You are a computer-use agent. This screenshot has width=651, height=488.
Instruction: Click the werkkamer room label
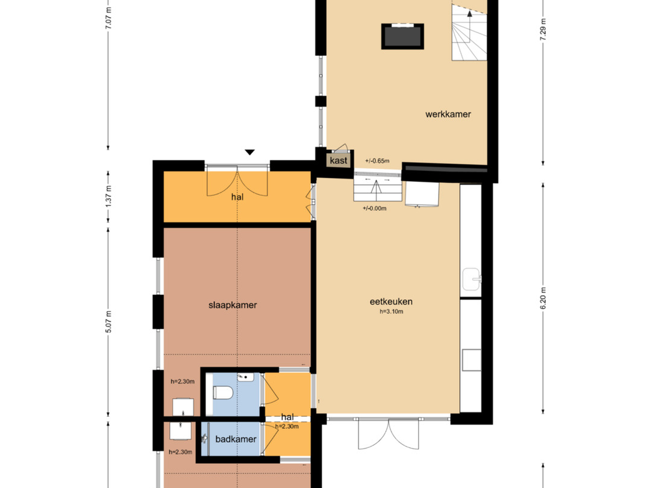click(x=448, y=114)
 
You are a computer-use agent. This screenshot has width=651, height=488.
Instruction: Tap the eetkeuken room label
click(x=391, y=302)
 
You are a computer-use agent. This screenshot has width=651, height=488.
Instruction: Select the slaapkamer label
click(x=233, y=305)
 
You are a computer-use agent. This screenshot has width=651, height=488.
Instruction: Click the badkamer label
click(x=236, y=439)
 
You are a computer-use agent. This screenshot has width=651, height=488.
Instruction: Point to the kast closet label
click(x=338, y=161)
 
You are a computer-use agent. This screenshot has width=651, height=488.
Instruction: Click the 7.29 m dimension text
click(x=543, y=30)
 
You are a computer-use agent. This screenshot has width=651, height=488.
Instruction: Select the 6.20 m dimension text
click(x=543, y=298)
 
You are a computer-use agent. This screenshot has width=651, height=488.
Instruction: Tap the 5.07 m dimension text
click(x=108, y=322)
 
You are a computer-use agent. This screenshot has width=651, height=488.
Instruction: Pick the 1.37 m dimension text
click(x=108, y=197)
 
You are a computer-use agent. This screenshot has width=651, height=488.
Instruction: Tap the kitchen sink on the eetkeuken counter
click(x=472, y=280)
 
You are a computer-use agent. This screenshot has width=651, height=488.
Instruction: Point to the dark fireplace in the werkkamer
click(x=402, y=36)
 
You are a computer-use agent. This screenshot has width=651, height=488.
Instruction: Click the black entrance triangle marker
click(x=249, y=152)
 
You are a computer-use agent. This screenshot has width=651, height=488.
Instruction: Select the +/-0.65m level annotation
click(x=377, y=161)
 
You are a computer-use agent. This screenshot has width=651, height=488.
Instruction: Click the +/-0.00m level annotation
click(x=374, y=208)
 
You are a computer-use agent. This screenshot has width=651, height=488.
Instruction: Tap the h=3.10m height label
click(x=391, y=311)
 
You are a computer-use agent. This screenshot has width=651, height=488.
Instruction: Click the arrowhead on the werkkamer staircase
click(x=470, y=14)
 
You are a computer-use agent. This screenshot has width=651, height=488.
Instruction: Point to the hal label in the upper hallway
click(x=237, y=197)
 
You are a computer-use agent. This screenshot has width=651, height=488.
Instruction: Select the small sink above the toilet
click(x=246, y=377)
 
